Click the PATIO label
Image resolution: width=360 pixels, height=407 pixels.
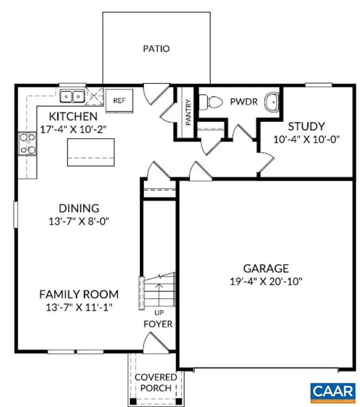(156, 49)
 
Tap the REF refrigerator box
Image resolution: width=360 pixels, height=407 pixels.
(119, 101)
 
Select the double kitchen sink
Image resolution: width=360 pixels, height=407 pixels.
(72, 96)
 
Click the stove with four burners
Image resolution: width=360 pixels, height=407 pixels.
(27, 143)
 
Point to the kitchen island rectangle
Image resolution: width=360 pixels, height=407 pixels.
(91, 152)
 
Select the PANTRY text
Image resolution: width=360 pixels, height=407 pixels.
(188, 112)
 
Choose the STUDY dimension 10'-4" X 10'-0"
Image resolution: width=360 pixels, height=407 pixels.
(306, 140)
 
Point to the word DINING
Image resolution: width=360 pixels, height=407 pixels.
(79, 208)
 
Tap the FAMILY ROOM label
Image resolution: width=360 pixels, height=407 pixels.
(79, 295)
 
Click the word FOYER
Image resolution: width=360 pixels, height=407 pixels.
(158, 324)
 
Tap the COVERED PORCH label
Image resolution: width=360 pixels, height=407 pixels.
(156, 382)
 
